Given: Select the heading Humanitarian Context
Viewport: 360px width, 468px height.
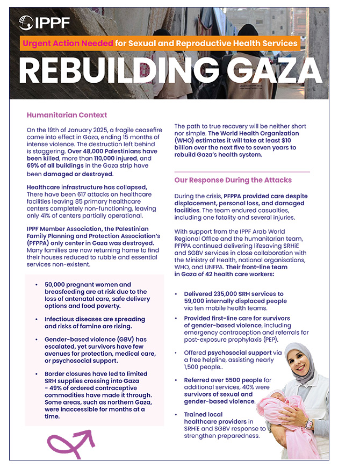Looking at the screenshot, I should (67, 115).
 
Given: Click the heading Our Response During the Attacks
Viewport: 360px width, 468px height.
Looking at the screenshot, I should (233, 179).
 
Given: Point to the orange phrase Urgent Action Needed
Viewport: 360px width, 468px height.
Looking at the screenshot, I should (68, 43).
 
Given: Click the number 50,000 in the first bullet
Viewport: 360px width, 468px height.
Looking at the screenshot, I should (57, 284).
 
